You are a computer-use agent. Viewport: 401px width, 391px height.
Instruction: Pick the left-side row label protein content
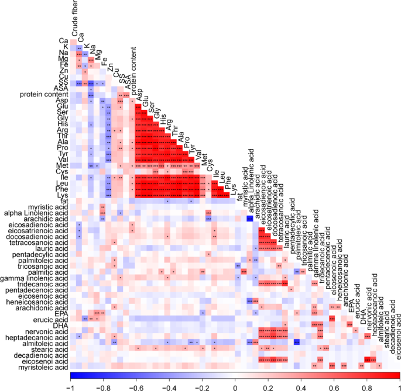coord(43,95)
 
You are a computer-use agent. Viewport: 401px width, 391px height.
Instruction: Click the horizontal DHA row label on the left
coord(60,324)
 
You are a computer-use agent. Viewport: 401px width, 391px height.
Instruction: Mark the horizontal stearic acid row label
coord(52,349)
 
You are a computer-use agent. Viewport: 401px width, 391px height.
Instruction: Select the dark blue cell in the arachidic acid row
coord(250,219)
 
